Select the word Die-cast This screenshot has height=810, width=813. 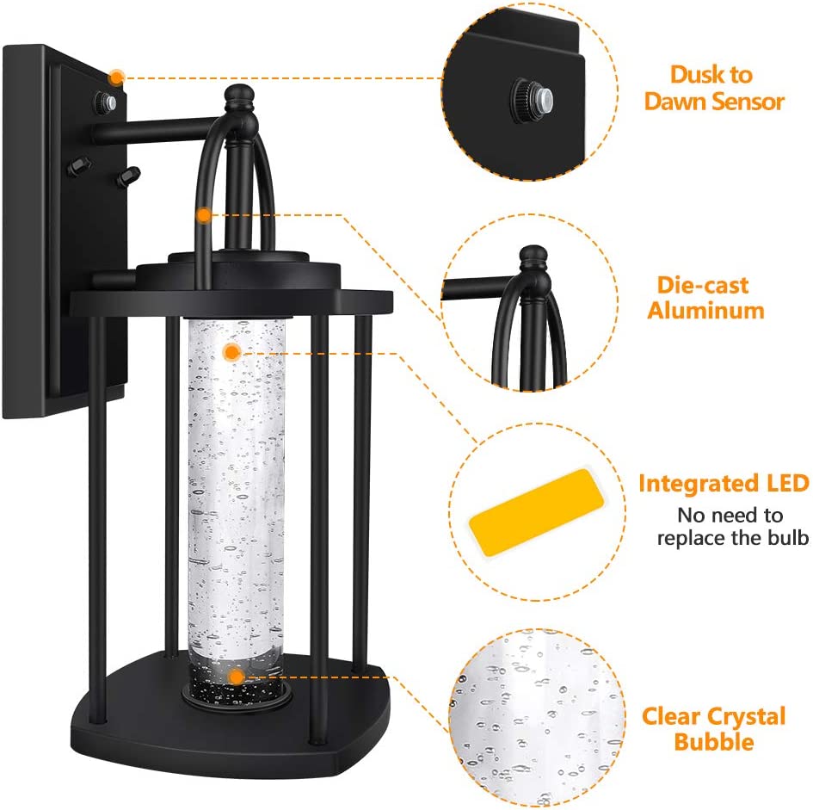(x=703, y=286)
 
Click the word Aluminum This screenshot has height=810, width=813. (x=705, y=311)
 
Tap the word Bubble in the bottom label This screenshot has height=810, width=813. (x=713, y=741)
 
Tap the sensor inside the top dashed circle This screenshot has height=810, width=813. (x=533, y=97)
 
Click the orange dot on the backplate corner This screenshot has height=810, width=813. (x=116, y=77)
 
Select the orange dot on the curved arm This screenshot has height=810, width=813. (x=204, y=215)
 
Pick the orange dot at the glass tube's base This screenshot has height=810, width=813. (x=236, y=676)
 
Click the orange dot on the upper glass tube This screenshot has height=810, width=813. (x=231, y=353)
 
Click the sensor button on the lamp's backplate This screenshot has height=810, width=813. (x=105, y=102)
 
